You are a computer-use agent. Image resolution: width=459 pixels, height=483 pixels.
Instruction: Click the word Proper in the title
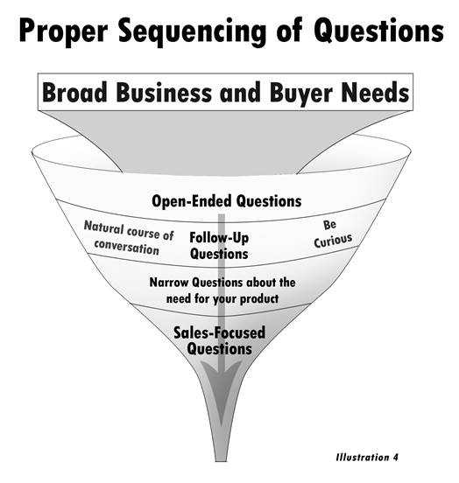point(64,31)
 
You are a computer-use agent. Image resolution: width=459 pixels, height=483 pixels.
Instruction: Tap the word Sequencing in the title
point(192,32)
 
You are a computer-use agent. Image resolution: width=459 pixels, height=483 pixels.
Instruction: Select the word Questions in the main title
point(378,30)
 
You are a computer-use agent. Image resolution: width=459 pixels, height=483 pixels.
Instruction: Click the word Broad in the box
point(74,92)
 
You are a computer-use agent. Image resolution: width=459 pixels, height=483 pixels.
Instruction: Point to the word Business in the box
point(164,92)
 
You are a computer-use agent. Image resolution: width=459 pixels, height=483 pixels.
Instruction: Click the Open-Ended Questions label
point(226,201)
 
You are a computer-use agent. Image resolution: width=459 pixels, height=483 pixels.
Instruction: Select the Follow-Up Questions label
point(219,246)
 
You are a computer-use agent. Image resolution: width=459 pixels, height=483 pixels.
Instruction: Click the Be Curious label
point(333,234)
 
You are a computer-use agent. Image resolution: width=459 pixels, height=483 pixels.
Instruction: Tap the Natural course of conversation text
point(128,238)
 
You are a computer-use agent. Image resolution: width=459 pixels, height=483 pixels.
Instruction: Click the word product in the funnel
point(259,298)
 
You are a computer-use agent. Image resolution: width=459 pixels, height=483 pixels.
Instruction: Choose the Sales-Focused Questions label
point(219,340)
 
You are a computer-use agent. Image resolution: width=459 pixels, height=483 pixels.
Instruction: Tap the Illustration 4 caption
point(367,457)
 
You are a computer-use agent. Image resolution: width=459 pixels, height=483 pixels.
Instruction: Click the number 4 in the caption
point(395,457)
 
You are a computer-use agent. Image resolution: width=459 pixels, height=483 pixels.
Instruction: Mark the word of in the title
point(289,31)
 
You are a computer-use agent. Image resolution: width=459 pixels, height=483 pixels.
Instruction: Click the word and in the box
point(241,92)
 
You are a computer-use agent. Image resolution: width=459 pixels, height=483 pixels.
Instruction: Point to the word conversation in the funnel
point(127,248)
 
